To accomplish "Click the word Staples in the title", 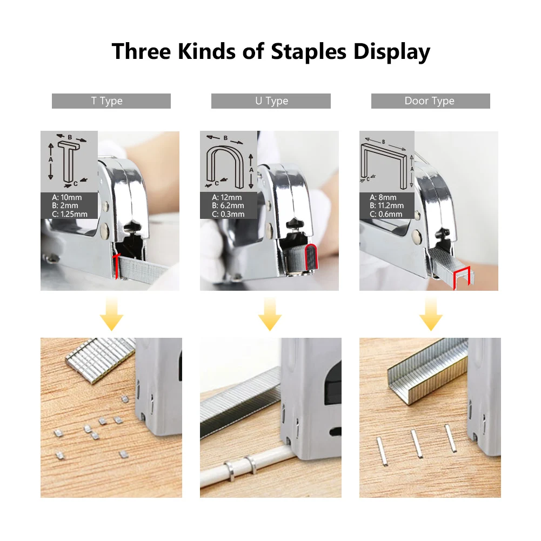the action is [309, 52].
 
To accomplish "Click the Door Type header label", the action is [430, 101].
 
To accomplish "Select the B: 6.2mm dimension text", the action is [228, 205].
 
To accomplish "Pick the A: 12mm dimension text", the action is [226, 197].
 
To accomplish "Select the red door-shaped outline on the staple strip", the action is [462, 276].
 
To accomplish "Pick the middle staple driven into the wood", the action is [416, 442].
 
